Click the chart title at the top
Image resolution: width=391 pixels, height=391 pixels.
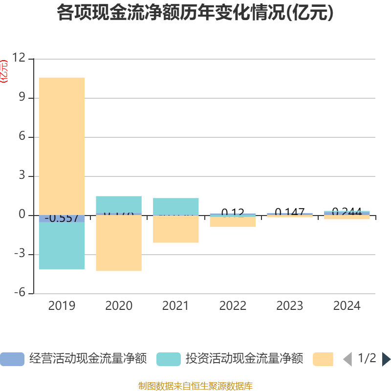click(x=195, y=13)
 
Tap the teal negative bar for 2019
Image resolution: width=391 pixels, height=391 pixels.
click(x=62, y=246)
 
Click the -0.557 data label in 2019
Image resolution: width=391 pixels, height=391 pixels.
click(x=62, y=218)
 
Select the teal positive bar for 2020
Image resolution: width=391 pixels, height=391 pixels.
click(x=119, y=205)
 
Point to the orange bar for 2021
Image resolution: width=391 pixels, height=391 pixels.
click(x=176, y=229)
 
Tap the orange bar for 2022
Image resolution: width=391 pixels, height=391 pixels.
click(x=233, y=222)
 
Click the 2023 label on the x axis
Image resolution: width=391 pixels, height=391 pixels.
click(x=290, y=306)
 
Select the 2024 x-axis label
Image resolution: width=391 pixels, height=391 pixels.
click(x=347, y=306)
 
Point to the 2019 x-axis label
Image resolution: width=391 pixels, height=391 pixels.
click(x=62, y=306)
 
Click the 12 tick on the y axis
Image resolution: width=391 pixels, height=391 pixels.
click(x=19, y=59)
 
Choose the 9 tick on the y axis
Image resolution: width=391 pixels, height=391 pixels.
click(x=22, y=98)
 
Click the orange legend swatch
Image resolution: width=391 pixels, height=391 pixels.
click(x=323, y=359)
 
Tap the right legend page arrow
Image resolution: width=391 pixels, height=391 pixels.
click(x=386, y=359)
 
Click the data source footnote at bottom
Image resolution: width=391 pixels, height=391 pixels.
click(x=195, y=386)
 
